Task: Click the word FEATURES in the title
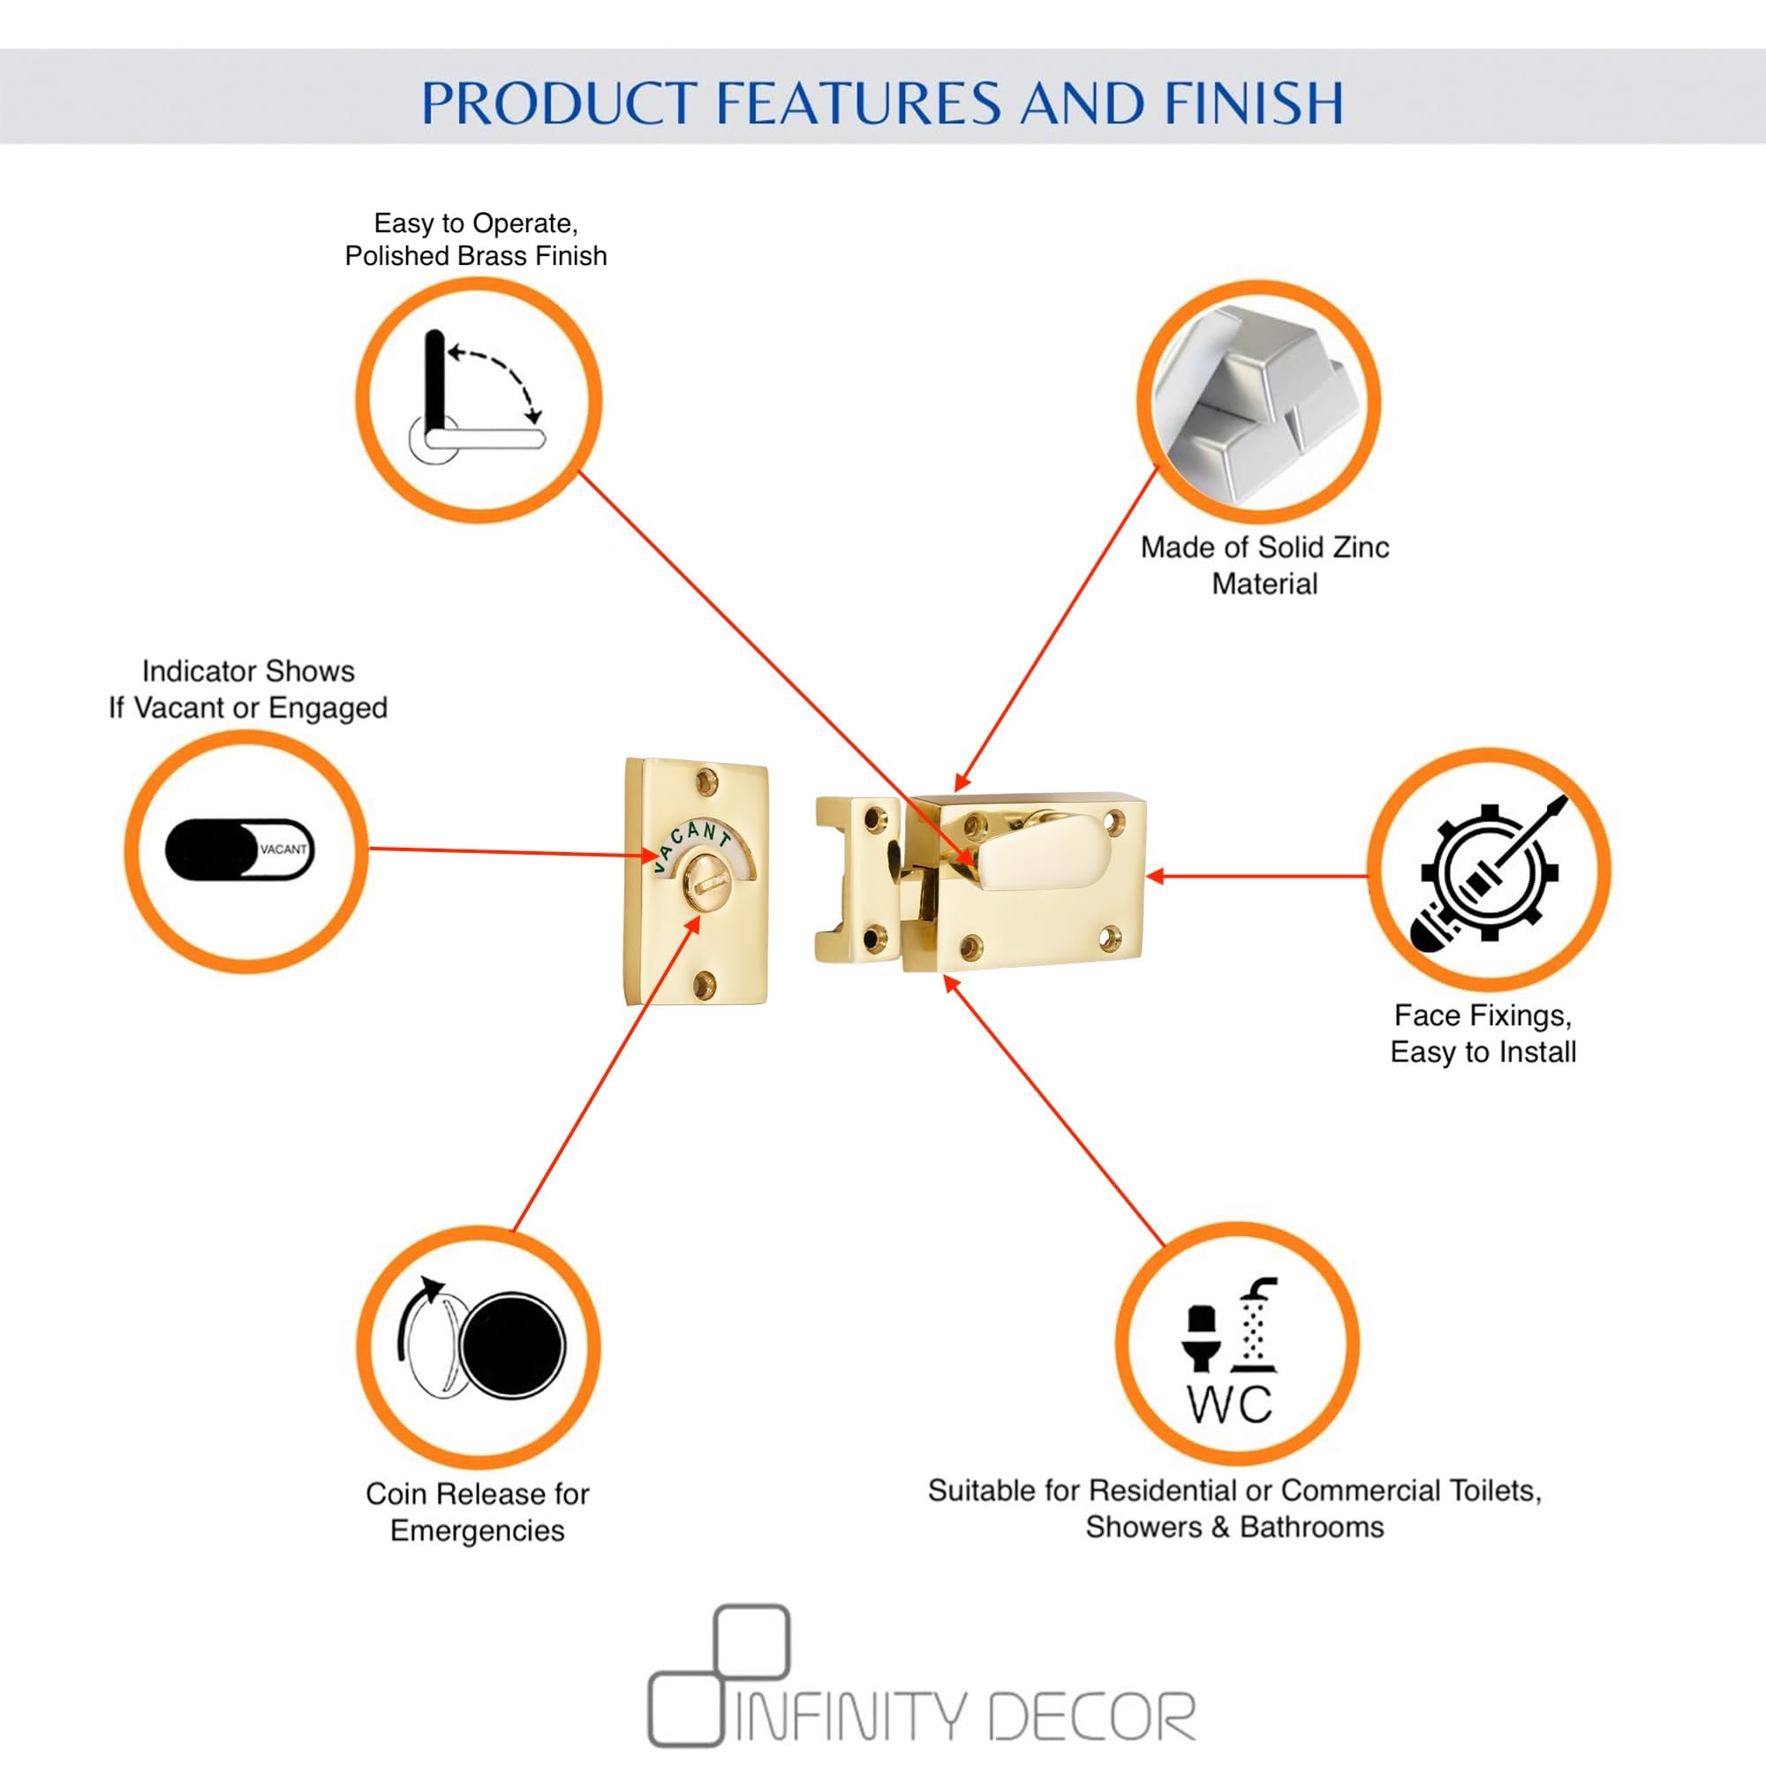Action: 858,102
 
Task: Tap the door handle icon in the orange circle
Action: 476,399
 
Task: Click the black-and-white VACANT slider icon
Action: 239,850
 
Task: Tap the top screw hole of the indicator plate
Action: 706,781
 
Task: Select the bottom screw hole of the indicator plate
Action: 705,985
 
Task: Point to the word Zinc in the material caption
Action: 1360,547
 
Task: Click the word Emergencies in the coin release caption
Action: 477,1530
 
